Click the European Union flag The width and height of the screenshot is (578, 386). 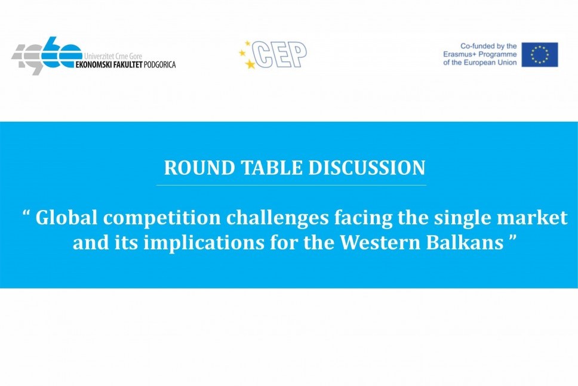(540, 54)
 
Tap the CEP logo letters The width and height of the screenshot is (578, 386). (280, 54)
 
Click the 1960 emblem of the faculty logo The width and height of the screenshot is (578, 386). (46, 55)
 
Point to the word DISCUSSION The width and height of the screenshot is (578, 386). (367, 168)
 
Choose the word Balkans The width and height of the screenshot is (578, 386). (465, 243)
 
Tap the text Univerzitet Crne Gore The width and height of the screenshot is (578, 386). (113, 57)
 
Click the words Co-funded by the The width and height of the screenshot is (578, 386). (488, 46)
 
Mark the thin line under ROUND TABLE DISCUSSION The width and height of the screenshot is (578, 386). (291, 185)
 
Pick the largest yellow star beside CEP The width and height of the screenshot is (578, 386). (250, 64)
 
